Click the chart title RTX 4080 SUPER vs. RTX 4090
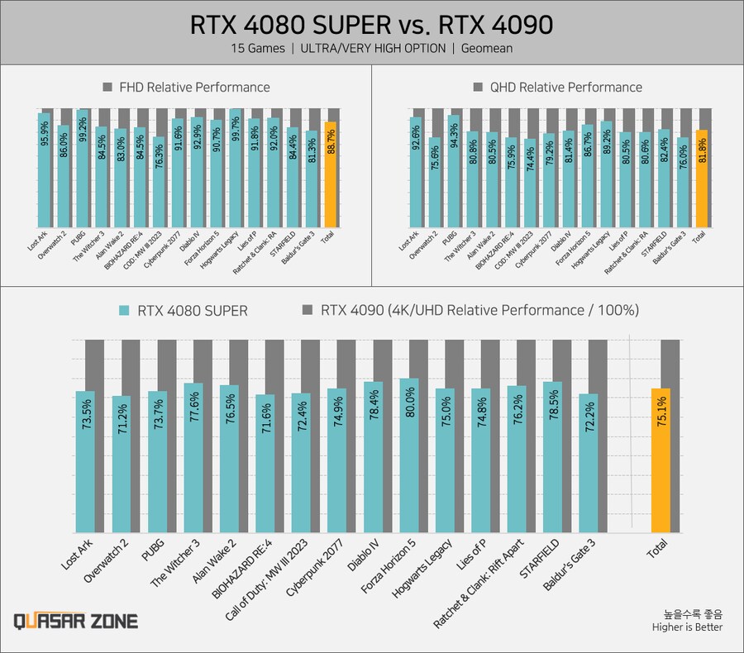371,25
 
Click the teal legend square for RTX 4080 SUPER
124,311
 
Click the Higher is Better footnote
686,627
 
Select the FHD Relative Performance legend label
194,87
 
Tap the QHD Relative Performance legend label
565,87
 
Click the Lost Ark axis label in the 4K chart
78,555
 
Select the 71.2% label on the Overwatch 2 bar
122,417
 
